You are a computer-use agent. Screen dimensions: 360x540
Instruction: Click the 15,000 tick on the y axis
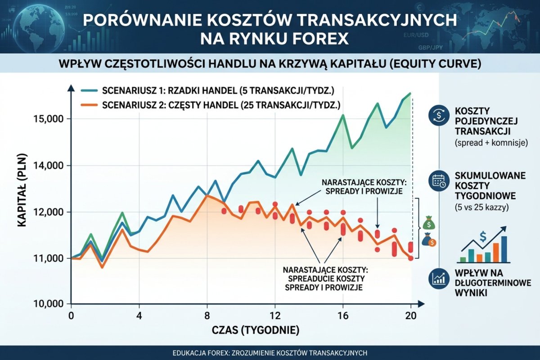(x=49, y=119)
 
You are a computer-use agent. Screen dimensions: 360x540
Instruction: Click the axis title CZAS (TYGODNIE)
(x=255, y=331)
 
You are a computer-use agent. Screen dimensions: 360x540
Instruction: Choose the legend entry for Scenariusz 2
(x=211, y=105)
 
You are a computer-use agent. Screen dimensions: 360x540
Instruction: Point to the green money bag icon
(x=429, y=223)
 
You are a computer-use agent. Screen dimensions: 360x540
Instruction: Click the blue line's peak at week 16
(x=343, y=115)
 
